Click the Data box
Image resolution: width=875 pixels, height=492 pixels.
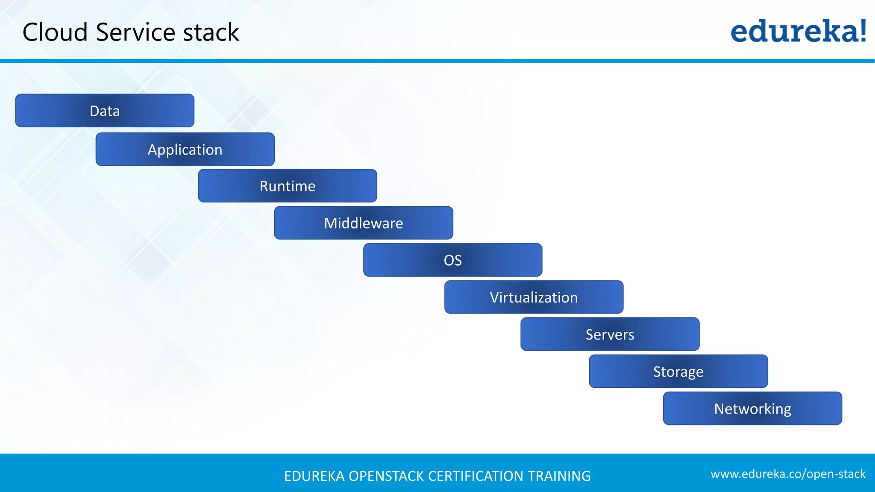(105, 111)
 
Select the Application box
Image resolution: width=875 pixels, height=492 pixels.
(185, 149)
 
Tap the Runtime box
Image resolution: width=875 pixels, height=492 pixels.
(288, 186)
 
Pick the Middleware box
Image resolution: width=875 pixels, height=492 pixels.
(364, 223)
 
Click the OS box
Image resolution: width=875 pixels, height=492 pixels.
(453, 260)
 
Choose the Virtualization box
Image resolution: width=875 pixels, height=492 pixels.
(534, 297)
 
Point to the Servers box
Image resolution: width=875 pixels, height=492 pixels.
(610, 334)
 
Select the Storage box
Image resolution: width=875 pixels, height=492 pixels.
(678, 372)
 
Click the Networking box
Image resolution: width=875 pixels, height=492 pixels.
(752, 409)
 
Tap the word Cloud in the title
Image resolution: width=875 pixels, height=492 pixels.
(55, 32)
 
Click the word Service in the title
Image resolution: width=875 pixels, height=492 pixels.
(135, 32)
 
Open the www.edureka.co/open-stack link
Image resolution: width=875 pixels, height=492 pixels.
(788, 474)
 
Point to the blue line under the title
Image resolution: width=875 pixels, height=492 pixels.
(437, 61)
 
